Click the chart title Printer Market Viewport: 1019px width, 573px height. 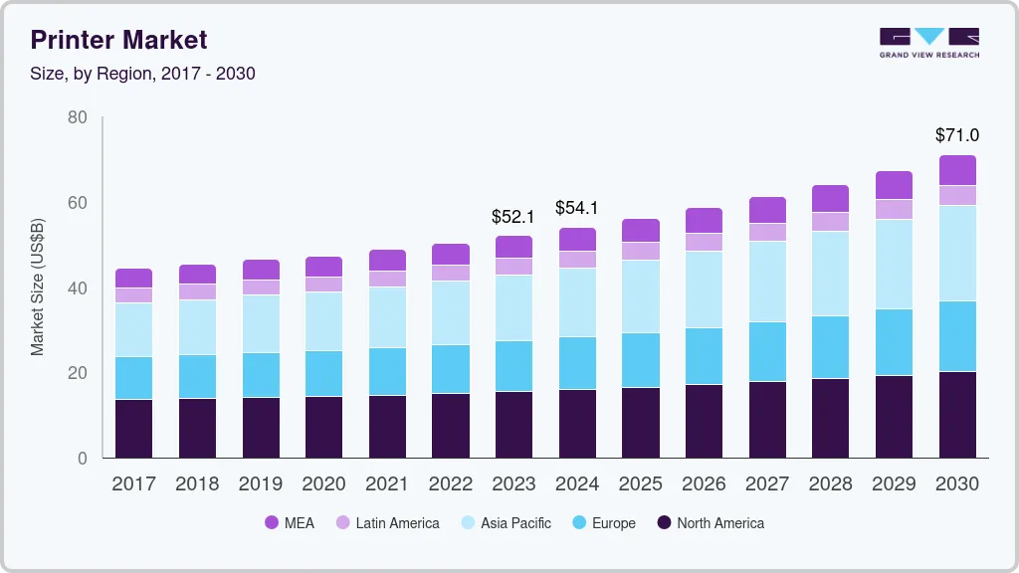(x=118, y=40)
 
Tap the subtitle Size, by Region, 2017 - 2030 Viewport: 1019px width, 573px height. (x=142, y=74)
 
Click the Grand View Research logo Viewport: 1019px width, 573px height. (x=928, y=43)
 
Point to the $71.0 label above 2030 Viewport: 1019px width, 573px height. (x=956, y=134)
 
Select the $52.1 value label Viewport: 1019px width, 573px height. (x=512, y=216)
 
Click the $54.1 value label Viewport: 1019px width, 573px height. (x=576, y=208)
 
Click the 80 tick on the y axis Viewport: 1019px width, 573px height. (x=78, y=117)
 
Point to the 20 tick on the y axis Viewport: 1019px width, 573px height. (x=78, y=373)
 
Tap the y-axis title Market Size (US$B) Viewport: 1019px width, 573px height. (x=38, y=286)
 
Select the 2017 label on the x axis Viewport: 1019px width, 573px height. (x=133, y=484)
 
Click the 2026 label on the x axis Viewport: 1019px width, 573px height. (x=704, y=484)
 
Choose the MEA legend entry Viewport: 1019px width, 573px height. (x=290, y=523)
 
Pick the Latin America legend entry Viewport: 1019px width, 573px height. (x=387, y=523)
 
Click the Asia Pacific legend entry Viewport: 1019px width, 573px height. (x=505, y=523)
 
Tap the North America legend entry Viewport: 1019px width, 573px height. (x=711, y=523)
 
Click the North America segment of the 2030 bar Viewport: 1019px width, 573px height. (x=957, y=415)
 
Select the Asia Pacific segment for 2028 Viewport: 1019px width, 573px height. (x=830, y=274)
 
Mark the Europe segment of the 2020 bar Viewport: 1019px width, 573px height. (x=323, y=373)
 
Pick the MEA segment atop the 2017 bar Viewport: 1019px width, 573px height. (x=133, y=278)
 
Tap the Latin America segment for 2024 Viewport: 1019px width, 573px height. (x=576, y=259)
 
